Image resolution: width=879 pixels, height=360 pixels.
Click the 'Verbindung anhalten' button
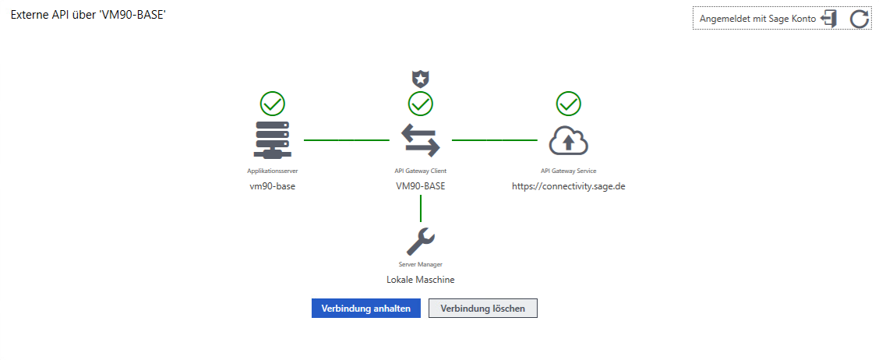click(x=365, y=309)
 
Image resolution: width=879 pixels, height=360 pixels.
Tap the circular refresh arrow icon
click(x=859, y=19)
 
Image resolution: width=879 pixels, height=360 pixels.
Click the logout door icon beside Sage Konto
click(x=829, y=19)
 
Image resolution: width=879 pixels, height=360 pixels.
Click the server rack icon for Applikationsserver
click(x=272, y=140)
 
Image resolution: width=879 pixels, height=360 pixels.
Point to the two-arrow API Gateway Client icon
click(x=421, y=140)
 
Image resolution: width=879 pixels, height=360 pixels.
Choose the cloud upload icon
click(x=569, y=140)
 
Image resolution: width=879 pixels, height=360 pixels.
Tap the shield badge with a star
click(x=421, y=78)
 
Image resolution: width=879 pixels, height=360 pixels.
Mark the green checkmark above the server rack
click(x=272, y=104)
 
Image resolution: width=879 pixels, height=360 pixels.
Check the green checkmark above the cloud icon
click(x=569, y=104)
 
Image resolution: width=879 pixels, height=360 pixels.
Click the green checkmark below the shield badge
click(x=421, y=104)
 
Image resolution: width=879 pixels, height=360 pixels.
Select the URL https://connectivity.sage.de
click(x=569, y=186)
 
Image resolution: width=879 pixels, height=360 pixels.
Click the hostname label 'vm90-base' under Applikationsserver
click(x=272, y=186)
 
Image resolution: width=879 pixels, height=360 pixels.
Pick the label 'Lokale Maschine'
click(x=421, y=279)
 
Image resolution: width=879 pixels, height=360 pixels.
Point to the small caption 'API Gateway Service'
click(x=569, y=170)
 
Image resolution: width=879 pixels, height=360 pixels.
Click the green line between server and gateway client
click(x=346, y=140)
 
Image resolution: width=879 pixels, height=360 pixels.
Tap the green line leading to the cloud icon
click(x=494, y=140)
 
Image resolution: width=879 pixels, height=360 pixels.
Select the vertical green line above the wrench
click(x=421, y=208)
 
